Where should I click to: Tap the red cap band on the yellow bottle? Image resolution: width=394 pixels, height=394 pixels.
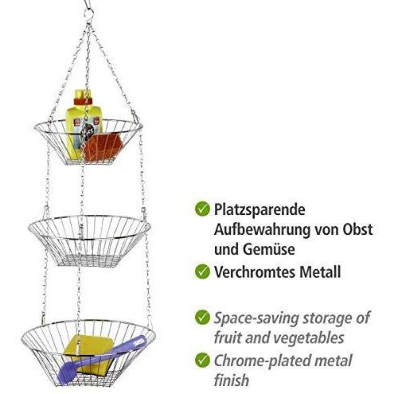83,101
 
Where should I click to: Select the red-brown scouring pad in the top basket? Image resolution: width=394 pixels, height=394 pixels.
103,147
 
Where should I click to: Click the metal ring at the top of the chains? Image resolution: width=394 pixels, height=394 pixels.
89,14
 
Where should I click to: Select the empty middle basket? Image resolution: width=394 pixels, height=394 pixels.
89,240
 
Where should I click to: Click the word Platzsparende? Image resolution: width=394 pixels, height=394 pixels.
259,210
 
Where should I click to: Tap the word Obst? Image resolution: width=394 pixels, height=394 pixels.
357,229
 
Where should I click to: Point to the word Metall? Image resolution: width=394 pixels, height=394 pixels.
320,272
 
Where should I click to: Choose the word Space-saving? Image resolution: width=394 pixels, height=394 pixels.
256,318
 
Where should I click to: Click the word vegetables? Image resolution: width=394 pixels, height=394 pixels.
308,337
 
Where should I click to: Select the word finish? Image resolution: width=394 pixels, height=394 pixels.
232,380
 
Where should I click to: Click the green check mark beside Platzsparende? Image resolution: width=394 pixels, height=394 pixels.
202,209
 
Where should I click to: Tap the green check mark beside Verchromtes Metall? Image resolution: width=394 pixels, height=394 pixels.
202,271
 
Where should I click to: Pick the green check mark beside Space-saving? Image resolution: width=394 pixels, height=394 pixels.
202,318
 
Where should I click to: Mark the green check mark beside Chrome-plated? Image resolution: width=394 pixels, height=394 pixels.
202,360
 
